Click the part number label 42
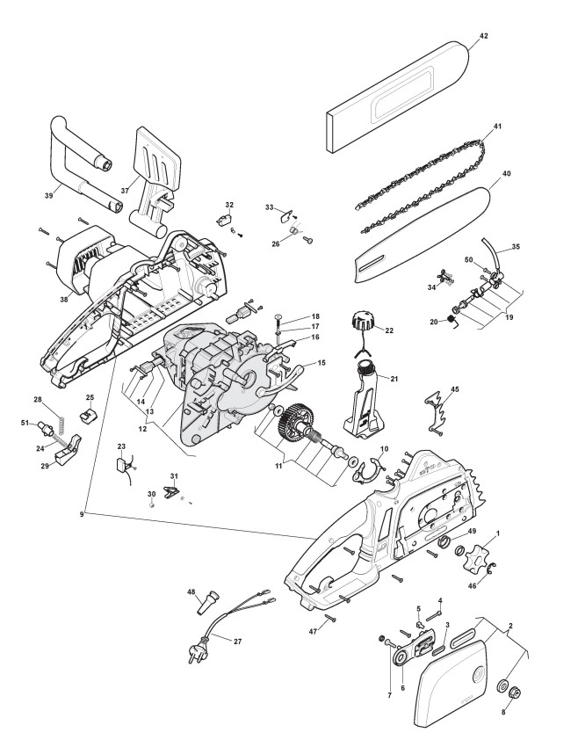coord(483,36)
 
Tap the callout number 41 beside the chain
coord(496,127)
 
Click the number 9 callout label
coord(82,513)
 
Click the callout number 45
coord(454,388)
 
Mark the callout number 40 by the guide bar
coord(506,174)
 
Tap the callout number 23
coord(121,446)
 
